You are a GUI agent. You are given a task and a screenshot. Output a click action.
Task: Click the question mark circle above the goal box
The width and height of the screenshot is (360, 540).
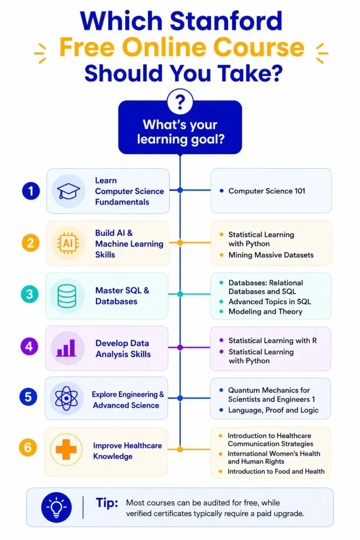180,102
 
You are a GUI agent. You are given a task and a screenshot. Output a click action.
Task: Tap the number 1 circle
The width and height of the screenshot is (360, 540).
31,191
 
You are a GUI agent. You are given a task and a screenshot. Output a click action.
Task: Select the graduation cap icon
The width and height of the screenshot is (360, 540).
68,191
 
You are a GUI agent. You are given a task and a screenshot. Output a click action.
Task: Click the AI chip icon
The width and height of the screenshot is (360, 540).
68,243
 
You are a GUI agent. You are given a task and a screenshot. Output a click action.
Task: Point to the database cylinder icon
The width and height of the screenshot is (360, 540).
67,296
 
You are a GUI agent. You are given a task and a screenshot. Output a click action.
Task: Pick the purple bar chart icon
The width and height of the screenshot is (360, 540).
66,348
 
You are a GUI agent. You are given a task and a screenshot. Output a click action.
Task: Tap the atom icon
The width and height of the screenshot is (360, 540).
66,398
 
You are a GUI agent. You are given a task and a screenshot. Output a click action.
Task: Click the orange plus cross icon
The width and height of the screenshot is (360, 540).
66,450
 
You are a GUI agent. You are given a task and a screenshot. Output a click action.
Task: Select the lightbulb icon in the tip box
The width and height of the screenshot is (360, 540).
57,507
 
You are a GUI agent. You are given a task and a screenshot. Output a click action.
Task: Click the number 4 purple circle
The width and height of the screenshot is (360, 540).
29,346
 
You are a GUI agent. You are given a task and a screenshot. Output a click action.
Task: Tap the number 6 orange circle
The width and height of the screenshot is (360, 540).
28,447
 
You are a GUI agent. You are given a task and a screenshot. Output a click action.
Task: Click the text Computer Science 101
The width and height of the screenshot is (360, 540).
267,191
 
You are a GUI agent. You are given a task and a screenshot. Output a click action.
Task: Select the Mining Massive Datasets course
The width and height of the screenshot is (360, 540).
271,255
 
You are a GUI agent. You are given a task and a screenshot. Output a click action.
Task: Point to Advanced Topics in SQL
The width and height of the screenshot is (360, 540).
270,302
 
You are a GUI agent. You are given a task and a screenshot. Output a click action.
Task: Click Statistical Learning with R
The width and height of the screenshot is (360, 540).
272,341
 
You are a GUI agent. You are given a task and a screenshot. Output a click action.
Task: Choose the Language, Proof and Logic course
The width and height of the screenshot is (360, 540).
273,410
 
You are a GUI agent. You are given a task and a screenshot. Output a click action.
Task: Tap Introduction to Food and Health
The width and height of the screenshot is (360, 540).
276,471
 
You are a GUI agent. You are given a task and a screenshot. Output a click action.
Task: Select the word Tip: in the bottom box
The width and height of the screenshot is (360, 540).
107,503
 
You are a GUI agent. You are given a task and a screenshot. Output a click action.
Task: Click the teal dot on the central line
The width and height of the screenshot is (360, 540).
180,294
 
